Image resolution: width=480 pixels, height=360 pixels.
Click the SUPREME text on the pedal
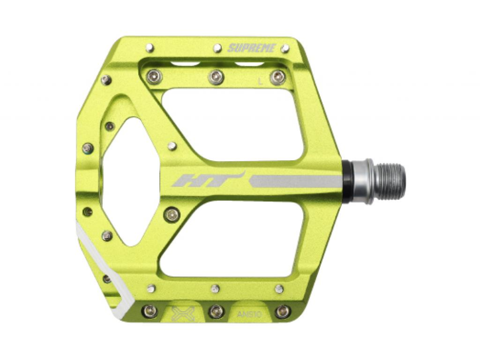click(x=252, y=48)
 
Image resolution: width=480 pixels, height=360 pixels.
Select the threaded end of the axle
click(x=390, y=181)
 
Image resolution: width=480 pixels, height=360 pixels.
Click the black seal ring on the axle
click(x=348, y=181)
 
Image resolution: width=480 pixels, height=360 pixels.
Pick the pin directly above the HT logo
click(x=172, y=146)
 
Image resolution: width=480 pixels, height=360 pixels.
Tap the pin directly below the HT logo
click(x=172, y=215)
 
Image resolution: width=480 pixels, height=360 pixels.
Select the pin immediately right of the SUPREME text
click(x=285, y=48)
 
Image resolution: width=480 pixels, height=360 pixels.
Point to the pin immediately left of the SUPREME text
click(x=217, y=48)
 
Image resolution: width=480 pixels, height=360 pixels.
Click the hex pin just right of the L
click(x=277, y=77)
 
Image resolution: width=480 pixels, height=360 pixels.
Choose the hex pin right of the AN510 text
click(x=283, y=311)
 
